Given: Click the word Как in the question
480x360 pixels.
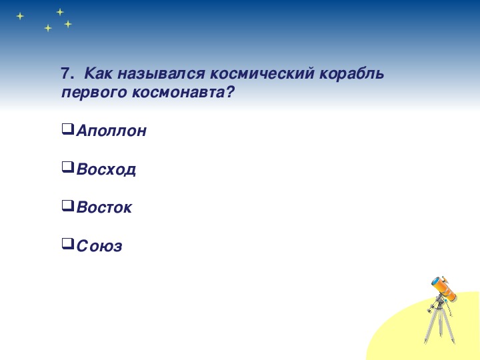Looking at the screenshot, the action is click(x=98, y=73).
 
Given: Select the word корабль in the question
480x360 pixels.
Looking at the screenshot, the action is click(x=352, y=74).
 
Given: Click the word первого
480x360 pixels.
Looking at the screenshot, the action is click(x=94, y=93).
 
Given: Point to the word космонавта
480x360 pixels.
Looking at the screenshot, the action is click(x=183, y=93).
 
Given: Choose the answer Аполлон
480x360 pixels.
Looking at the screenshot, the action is click(x=111, y=131).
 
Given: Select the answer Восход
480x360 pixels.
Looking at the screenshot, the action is click(x=106, y=169).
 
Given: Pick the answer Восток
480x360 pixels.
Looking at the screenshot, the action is click(x=105, y=207).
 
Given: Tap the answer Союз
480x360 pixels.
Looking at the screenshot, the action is click(x=99, y=246).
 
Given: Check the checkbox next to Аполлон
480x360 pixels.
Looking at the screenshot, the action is click(x=67, y=129).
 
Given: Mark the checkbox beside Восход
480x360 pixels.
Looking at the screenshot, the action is click(x=67, y=167).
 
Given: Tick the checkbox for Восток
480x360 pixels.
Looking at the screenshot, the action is click(x=67, y=206).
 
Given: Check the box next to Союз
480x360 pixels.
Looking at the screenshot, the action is click(x=67, y=244).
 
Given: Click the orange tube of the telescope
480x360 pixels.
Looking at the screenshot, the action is click(x=444, y=289).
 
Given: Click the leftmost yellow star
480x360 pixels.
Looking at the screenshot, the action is click(x=20, y=16).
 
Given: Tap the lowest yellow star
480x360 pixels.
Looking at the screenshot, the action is click(x=48, y=28).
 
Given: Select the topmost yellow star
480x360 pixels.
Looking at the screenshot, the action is click(x=60, y=12).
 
